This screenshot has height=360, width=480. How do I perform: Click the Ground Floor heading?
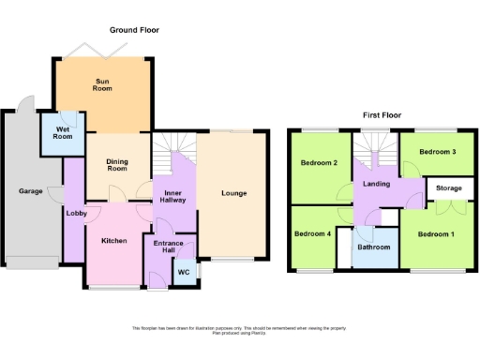[x=134, y=30]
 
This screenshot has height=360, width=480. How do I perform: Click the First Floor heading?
[x=382, y=114]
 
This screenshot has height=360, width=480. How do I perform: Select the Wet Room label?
[x=64, y=132]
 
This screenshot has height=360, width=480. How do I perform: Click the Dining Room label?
[x=117, y=164]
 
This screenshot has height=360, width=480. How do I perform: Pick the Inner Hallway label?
[x=170, y=189]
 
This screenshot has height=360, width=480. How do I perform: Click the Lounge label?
[x=233, y=194]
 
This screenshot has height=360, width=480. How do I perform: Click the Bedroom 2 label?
[x=319, y=163]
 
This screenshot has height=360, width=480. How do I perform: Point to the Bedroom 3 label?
[x=437, y=152]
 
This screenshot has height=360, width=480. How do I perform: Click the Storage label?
[x=444, y=187]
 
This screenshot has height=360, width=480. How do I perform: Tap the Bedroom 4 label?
[x=312, y=233]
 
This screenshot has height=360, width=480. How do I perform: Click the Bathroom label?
[x=372, y=247]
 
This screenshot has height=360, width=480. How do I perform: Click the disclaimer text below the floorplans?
[x=240, y=329]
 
